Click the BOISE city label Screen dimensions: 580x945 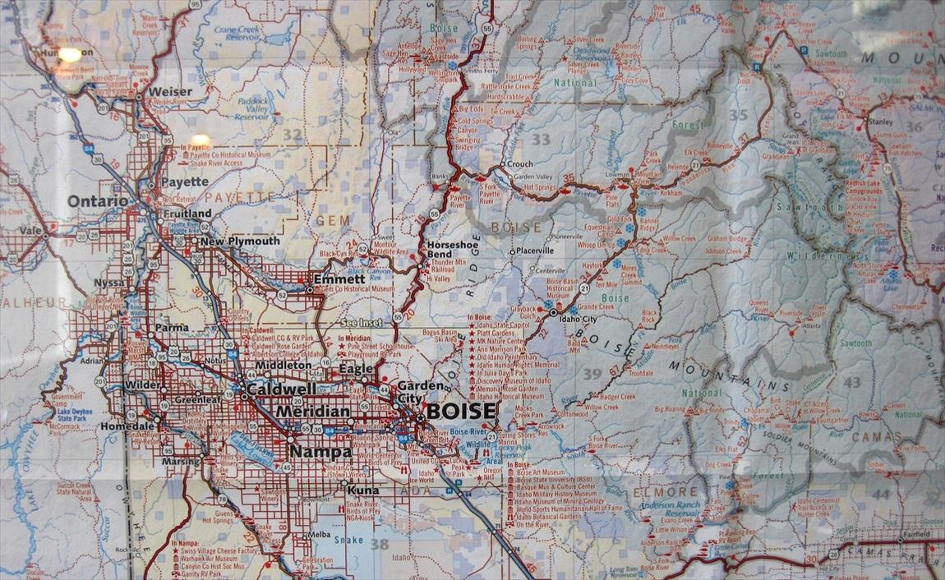[x=461, y=411]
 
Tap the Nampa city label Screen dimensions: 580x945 [x=315, y=451]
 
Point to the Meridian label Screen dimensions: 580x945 [x=312, y=411]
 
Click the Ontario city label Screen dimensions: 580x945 [x=98, y=201]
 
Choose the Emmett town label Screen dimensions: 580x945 [x=345, y=278]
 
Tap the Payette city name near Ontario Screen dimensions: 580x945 [x=185, y=182]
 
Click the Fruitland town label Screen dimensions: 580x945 [x=187, y=214]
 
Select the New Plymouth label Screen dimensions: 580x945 [x=240, y=242]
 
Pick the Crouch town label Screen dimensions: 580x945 [x=519, y=163]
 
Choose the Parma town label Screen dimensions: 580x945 [x=171, y=327]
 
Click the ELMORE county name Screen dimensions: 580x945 [x=654, y=492]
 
